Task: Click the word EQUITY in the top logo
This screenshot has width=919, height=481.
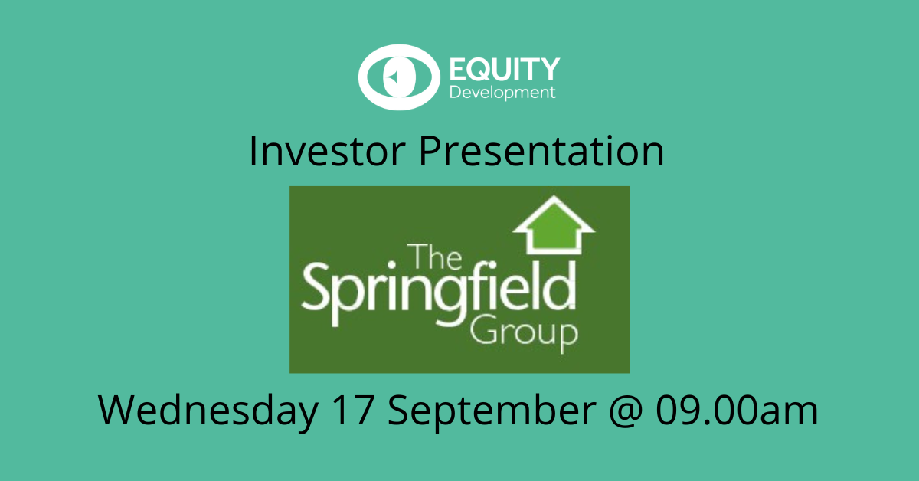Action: (505, 69)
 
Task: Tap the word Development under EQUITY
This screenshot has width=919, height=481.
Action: (502, 93)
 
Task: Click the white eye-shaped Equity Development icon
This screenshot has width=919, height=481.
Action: (399, 77)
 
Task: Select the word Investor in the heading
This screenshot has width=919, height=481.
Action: (327, 151)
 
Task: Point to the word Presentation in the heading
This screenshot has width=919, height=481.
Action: (541, 151)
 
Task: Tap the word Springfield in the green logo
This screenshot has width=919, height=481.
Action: (439, 294)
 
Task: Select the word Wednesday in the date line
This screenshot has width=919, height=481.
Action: (208, 411)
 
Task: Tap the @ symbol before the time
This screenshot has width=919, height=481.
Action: (626, 411)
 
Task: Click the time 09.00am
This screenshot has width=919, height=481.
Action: (737, 410)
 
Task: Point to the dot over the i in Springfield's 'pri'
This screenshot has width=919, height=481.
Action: (392, 265)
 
